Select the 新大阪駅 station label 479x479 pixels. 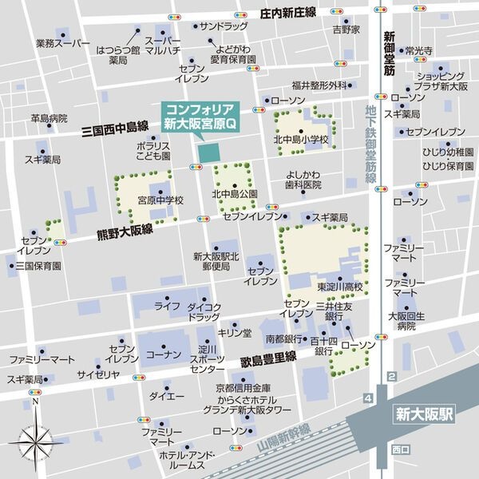pos(423,414)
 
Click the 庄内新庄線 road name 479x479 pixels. pos(288,12)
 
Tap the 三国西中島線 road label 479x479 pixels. pos(115,126)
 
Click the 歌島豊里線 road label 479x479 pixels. pos(268,360)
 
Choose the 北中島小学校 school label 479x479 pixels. pos(302,141)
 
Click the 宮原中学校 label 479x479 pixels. pos(160,200)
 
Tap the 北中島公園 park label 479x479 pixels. pos(234,194)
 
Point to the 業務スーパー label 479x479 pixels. pos(62,45)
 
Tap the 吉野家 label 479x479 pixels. pos(346,30)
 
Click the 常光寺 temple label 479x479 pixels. pos(418,50)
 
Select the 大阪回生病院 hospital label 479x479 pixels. pos(402,321)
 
